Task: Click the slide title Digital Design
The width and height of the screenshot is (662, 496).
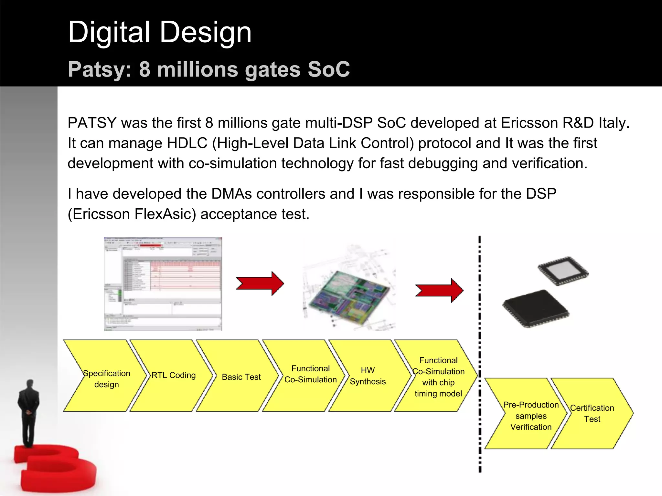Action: point(160,32)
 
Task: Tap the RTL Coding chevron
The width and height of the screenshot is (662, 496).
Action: point(173,375)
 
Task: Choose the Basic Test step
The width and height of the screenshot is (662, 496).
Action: point(241,377)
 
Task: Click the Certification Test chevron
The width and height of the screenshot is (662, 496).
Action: point(592,414)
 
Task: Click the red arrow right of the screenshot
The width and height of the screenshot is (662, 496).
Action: point(260,284)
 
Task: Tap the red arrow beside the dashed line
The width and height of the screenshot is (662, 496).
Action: point(440,291)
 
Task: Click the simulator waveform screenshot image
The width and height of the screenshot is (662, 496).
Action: point(163,284)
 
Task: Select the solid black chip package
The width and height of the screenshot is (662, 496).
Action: point(535,309)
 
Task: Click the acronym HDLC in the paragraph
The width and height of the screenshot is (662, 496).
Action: point(187,143)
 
